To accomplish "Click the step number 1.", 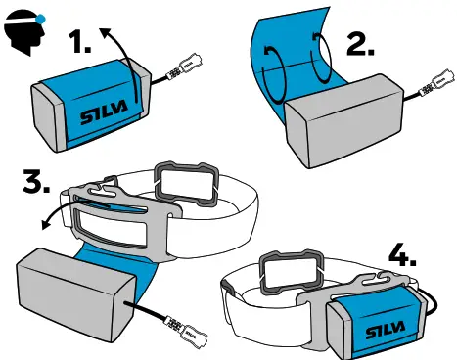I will (83, 43).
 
